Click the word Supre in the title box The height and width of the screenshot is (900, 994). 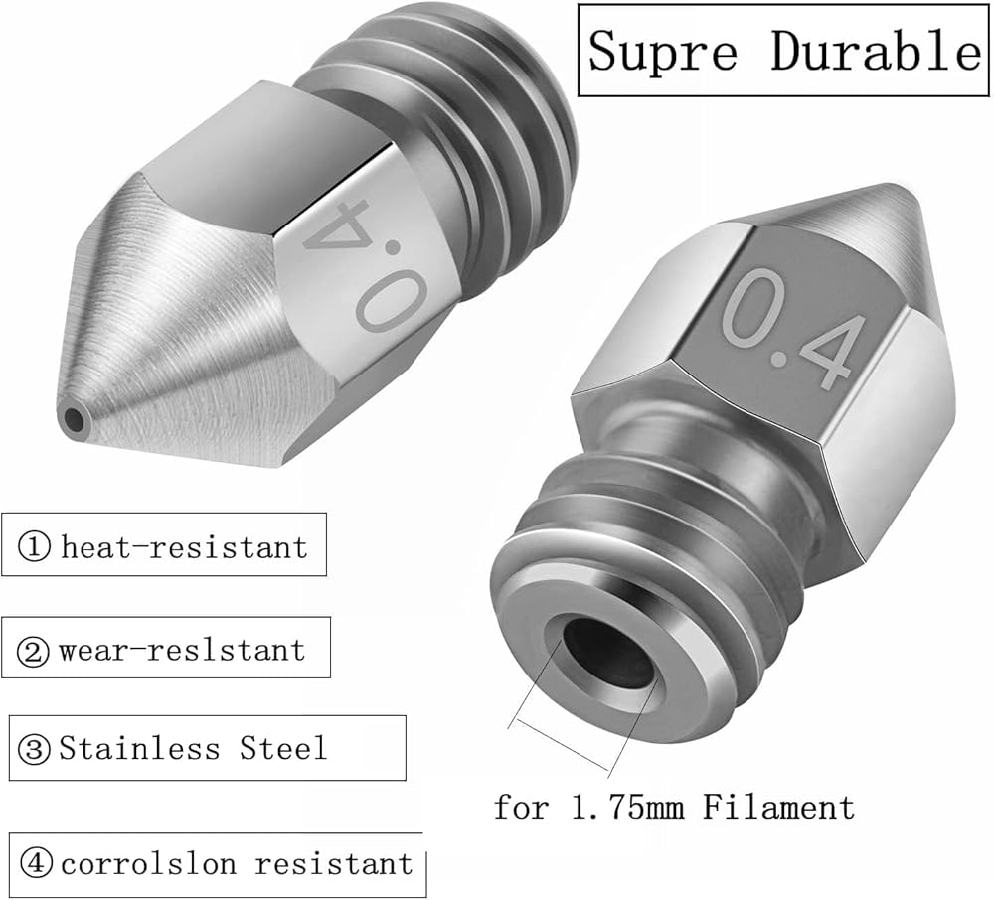click(x=663, y=51)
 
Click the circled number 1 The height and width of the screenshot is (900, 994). click(x=34, y=546)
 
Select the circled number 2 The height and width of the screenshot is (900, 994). click(x=33, y=651)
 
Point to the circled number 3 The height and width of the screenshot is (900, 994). click(x=34, y=749)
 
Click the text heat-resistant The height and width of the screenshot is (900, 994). click(x=185, y=546)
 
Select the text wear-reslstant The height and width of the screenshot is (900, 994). click(x=182, y=650)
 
